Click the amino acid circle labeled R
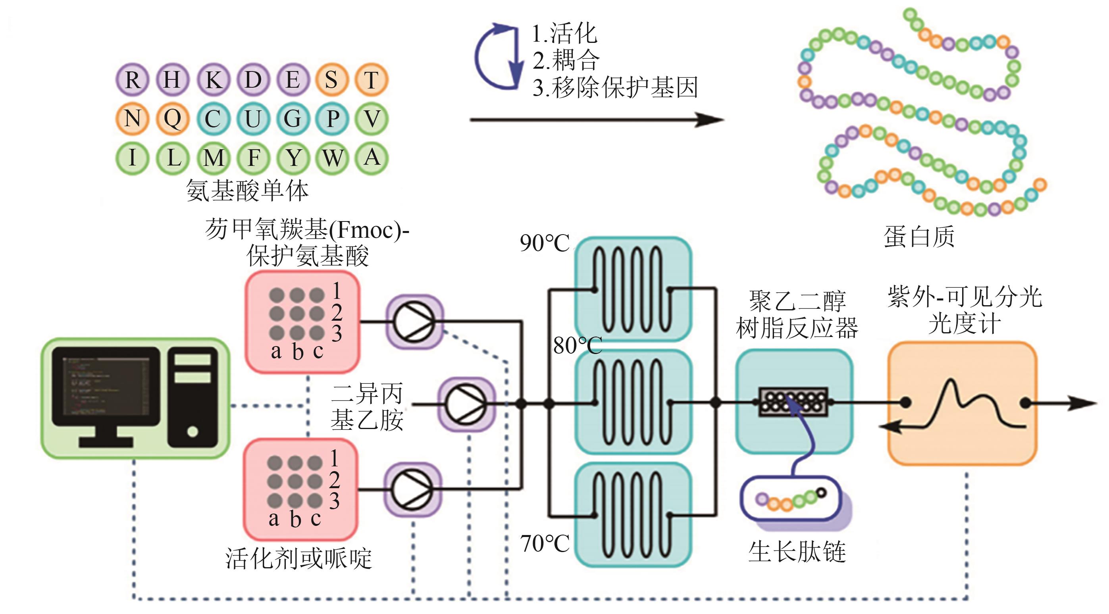point(132,80)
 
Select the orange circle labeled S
point(331,80)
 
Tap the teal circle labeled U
point(253,119)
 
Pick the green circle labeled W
point(333,158)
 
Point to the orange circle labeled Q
point(172,119)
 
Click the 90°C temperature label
point(545,243)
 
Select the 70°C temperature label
point(545,543)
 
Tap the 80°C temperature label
point(577,345)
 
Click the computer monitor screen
point(106,386)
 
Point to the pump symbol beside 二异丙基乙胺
point(466,404)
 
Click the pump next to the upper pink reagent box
point(414,321)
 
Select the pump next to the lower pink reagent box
point(412,489)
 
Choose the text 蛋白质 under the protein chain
point(919,237)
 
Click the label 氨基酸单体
point(247,191)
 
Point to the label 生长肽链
point(797,552)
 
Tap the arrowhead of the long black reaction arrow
point(710,120)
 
